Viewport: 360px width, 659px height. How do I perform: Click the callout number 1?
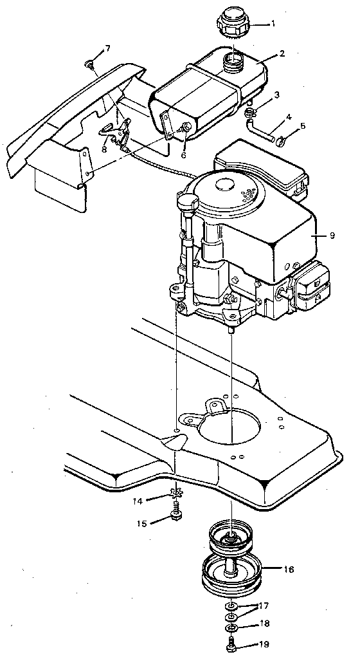[x=273, y=24]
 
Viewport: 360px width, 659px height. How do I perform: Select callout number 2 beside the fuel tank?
[x=282, y=54]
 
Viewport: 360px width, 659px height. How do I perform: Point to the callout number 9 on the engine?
[x=332, y=236]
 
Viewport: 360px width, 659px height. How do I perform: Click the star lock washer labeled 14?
[x=176, y=496]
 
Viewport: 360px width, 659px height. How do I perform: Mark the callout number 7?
[x=107, y=49]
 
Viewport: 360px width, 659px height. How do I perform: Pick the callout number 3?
[x=277, y=95]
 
